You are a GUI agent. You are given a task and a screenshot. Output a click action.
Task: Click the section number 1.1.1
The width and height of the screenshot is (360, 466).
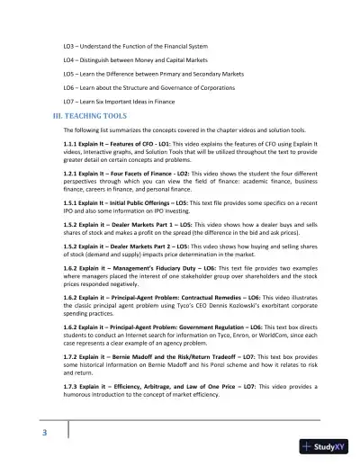pos(72,145)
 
